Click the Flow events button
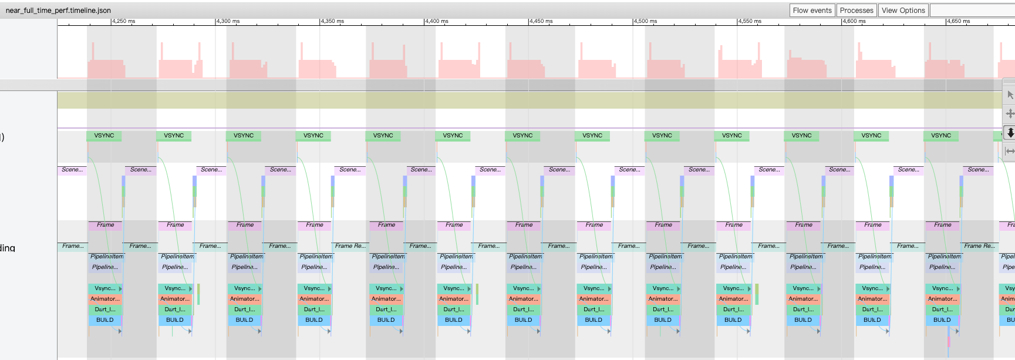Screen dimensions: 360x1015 click(812, 10)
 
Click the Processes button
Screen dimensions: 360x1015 click(856, 10)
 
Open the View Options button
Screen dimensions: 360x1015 click(903, 10)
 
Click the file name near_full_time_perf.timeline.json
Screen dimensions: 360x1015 click(58, 10)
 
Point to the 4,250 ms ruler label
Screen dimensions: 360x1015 click(123, 21)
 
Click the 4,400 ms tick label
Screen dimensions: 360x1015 click(436, 21)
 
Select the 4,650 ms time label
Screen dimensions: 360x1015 click(958, 21)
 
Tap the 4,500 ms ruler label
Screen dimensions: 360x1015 click(645, 21)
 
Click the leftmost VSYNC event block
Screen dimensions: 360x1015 click(104, 136)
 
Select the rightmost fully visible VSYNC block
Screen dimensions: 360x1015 click(941, 136)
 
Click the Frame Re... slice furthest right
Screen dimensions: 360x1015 click(979, 246)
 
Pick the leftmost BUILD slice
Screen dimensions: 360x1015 click(105, 320)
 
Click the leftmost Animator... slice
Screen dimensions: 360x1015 click(104, 299)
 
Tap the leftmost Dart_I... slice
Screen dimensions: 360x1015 click(104, 309)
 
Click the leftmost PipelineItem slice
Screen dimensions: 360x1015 click(106, 257)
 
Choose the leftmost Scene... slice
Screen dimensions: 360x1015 click(72, 170)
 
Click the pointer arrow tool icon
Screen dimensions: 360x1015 click(1010, 95)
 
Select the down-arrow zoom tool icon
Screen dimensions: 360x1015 click(1010, 132)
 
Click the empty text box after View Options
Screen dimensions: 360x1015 click(972, 10)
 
